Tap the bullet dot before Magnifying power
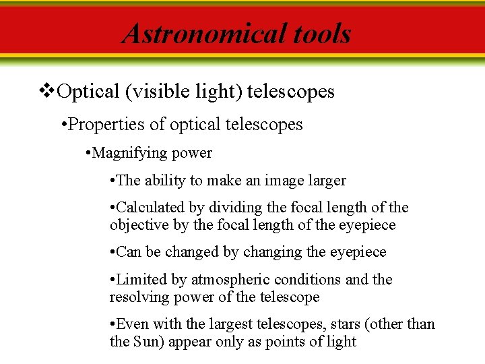tap(89, 154)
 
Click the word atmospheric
tap(230, 279)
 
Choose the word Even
tap(132, 324)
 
